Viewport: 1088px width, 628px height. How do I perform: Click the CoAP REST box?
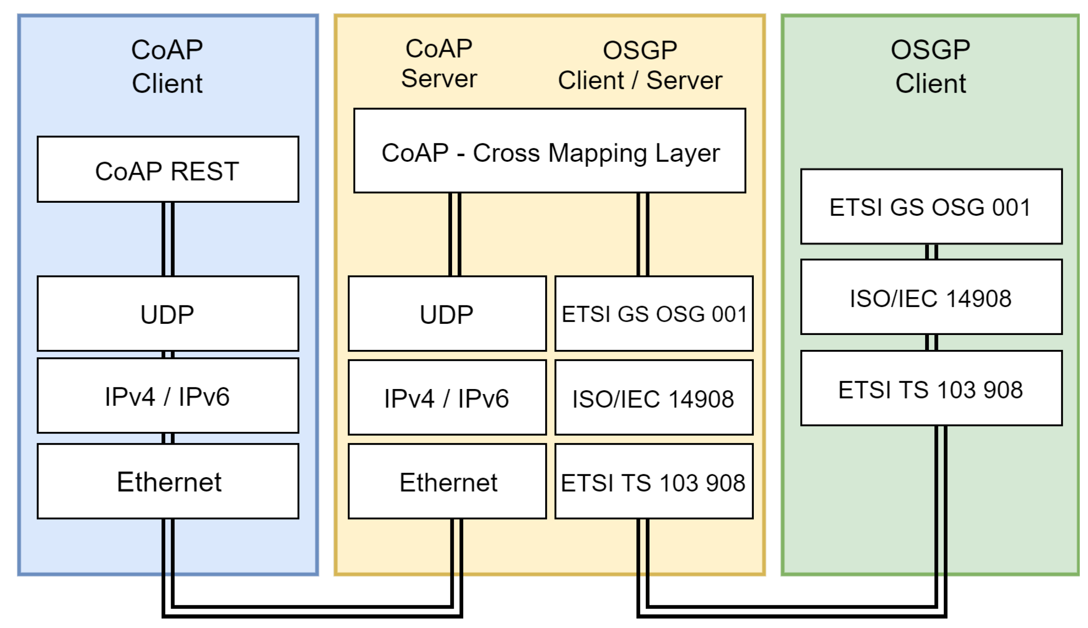[168, 169]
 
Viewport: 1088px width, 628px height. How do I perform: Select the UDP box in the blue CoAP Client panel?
[168, 314]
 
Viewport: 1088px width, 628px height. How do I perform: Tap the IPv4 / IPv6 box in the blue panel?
[168, 396]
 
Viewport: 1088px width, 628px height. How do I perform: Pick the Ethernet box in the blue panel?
[168, 481]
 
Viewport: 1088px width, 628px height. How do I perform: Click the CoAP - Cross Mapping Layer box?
[549, 151]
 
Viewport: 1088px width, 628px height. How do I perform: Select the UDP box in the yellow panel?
[447, 314]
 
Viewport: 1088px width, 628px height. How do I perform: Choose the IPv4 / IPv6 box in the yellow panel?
[447, 398]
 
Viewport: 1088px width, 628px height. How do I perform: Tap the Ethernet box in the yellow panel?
[447, 481]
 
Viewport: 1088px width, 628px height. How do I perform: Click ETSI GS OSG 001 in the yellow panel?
[654, 314]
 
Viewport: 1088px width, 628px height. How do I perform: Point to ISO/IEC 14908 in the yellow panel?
[654, 398]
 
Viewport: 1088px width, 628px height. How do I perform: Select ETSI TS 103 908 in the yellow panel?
[654, 481]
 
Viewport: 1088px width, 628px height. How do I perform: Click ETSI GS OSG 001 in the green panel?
[931, 206]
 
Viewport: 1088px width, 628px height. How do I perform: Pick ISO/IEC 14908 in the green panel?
[931, 297]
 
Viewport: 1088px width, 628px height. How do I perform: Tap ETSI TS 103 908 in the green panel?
[931, 389]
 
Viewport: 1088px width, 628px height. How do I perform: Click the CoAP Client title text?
[167, 66]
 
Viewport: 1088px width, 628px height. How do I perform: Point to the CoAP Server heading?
[439, 63]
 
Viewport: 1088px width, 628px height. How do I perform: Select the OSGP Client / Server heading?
[640, 65]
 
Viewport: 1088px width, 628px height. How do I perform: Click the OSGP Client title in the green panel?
[931, 66]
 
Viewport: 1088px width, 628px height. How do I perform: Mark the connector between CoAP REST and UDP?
[168, 239]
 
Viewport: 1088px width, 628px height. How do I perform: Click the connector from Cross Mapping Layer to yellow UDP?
[455, 234]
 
